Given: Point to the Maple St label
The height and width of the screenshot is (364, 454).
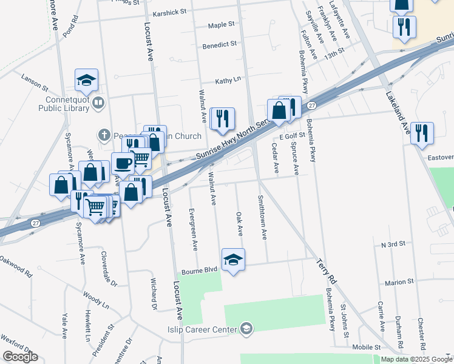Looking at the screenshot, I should pyautogui.click(x=221, y=25).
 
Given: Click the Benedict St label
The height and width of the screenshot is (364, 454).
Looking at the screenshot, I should pyautogui.click(x=219, y=45).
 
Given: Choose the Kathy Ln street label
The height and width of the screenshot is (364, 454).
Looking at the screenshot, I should pyautogui.click(x=228, y=80).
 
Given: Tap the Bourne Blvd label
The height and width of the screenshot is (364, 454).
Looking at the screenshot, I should pyautogui.click(x=199, y=269).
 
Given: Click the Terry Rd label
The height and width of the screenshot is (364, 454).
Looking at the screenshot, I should pyautogui.click(x=326, y=271).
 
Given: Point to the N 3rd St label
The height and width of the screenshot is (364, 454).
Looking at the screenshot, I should pyautogui.click(x=393, y=244).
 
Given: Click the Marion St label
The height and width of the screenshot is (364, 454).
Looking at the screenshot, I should pyautogui.click(x=399, y=282).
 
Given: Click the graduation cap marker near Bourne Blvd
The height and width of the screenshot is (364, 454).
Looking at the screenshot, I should pyautogui.click(x=233, y=260).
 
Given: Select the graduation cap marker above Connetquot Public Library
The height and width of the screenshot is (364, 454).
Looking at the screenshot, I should pyautogui.click(x=87, y=80).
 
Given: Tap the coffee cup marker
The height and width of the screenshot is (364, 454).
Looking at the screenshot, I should pyautogui.click(x=123, y=163).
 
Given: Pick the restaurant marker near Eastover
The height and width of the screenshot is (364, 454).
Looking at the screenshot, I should pyautogui.click(x=422, y=133).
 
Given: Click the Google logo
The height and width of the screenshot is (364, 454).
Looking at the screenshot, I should pyautogui.click(x=20, y=357).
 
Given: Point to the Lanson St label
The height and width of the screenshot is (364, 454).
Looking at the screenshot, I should pyautogui.click(x=34, y=78).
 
